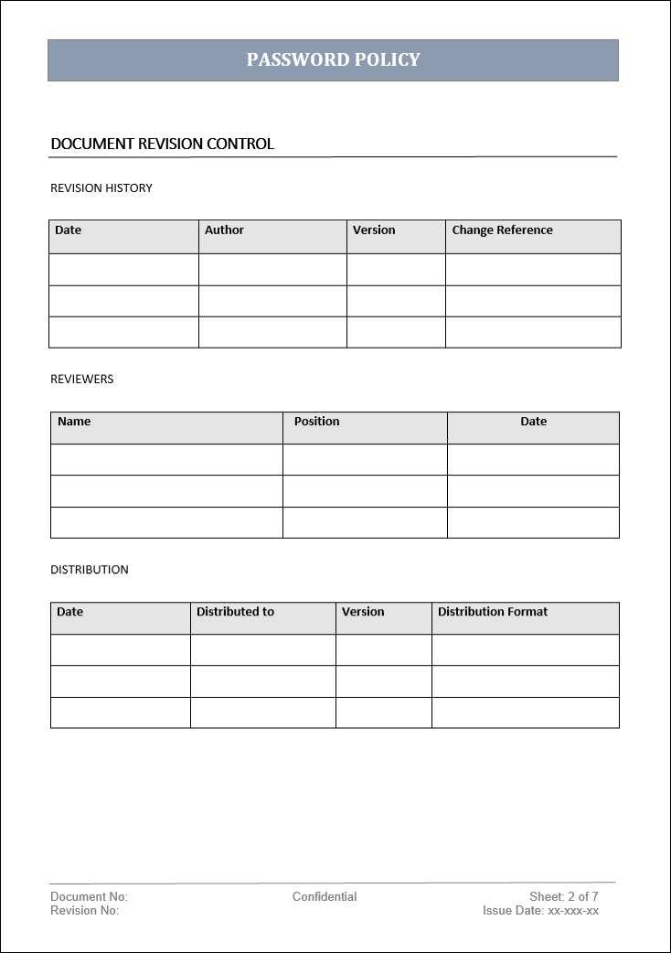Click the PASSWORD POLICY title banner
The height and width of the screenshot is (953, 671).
click(333, 60)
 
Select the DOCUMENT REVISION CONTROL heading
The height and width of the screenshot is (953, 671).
click(162, 145)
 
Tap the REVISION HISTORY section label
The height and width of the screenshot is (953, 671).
click(101, 188)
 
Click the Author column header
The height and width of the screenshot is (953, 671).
click(224, 230)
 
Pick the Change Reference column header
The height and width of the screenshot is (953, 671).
click(502, 230)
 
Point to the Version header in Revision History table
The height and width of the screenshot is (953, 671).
click(374, 230)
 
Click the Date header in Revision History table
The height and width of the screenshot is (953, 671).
click(68, 230)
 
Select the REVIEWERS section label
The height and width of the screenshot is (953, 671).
click(81, 380)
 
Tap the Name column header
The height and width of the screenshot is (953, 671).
click(74, 422)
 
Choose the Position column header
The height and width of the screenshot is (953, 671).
click(316, 422)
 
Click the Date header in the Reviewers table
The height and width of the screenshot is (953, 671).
click(533, 422)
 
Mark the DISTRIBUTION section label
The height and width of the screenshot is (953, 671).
click(89, 570)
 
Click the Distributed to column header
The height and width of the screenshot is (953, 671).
click(235, 612)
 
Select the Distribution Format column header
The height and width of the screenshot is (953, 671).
click(492, 612)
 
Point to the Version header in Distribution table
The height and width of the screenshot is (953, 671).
click(363, 612)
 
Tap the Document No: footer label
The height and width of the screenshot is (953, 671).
click(89, 897)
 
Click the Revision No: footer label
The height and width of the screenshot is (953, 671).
click(84, 911)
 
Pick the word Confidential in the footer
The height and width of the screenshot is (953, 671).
click(325, 897)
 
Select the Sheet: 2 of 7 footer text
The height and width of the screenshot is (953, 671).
click(563, 897)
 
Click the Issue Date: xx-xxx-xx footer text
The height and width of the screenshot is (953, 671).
click(540, 911)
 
